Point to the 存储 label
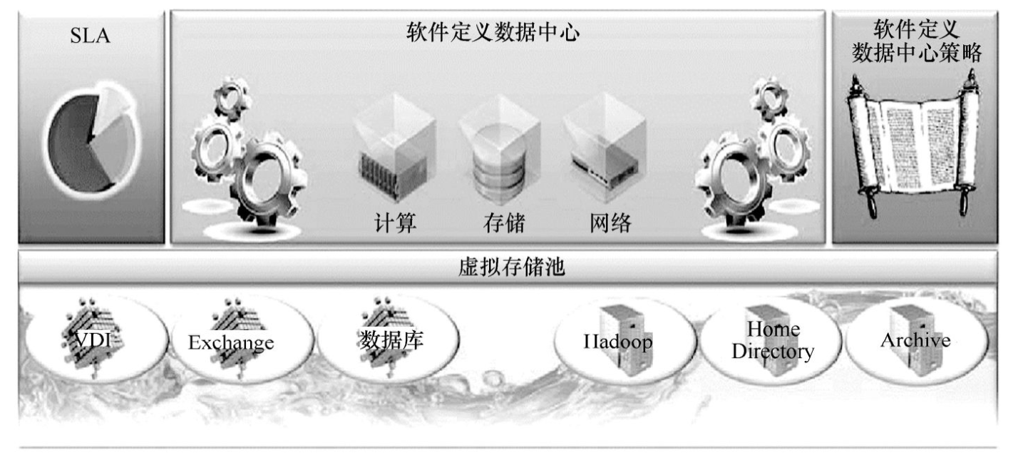click(x=503, y=223)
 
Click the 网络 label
click(x=610, y=223)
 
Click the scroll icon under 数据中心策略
click(x=915, y=150)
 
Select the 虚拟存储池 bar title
click(x=512, y=267)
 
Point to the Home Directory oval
click(x=771, y=340)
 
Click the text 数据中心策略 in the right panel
click(x=916, y=53)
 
